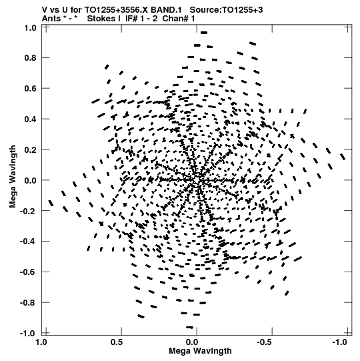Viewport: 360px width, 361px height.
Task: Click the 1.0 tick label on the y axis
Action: (30, 27)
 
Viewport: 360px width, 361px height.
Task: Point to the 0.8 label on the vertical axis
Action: (30, 58)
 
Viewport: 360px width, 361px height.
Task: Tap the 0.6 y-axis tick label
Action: (30, 88)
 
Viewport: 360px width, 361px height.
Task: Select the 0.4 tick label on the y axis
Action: (30, 119)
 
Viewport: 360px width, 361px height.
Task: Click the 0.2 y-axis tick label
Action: (30, 149)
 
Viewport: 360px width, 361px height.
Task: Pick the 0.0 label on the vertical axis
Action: (30, 180)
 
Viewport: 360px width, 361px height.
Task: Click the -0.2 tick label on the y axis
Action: (28, 211)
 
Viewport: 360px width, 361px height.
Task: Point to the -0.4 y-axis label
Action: (28, 242)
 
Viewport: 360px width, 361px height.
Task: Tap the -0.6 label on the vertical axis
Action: (28, 272)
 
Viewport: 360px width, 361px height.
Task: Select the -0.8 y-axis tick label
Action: (28, 302)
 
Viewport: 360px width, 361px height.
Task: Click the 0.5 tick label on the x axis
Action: (117, 342)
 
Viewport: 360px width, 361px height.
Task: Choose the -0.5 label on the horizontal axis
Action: (265, 342)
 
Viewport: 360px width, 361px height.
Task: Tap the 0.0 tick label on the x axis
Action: (192, 342)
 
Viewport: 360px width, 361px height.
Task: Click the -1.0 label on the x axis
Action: (339, 342)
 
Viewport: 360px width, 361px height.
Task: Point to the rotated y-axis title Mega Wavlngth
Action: (13, 177)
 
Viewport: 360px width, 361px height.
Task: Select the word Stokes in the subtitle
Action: (104, 19)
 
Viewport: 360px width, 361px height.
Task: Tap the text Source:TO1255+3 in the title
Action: (227, 10)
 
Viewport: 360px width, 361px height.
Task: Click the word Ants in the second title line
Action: (51, 19)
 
